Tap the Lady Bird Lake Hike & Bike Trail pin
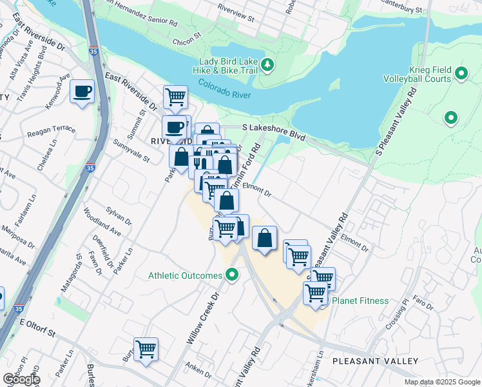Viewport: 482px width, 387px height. pyautogui.click(x=269, y=64)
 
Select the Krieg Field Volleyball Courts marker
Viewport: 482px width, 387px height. pyautogui.click(x=461, y=74)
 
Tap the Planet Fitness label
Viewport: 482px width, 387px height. pyautogui.click(x=360, y=301)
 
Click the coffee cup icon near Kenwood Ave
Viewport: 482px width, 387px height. pyautogui.click(x=82, y=92)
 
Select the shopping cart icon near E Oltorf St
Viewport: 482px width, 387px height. pyautogui.click(x=146, y=349)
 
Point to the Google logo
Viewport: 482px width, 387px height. pyautogui.click(x=21, y=380)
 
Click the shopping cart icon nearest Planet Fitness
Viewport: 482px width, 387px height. pyautogui.click(x=315, y=292)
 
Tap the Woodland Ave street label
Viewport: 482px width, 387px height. pyautogui.click(x=102, y=221)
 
